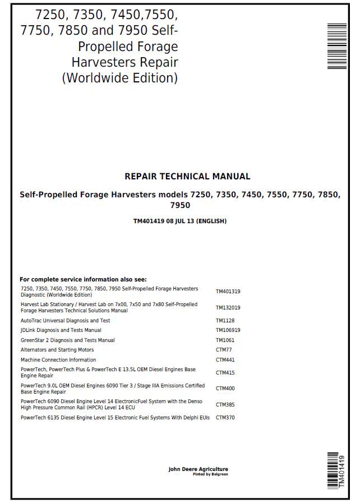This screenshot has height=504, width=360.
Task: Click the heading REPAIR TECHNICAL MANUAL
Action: click(187, 177)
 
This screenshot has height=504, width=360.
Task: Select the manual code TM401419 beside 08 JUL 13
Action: click(148, 221)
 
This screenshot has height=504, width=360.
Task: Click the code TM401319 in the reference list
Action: click(228, 292)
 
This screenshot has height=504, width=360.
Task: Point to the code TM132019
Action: click(228, 308)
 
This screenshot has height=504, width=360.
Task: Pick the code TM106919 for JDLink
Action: click(228, 330)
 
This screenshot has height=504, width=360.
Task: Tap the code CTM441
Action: click(225, 360)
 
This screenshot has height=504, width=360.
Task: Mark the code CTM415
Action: click(225, 373)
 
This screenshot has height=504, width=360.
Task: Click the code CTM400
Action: click(225, 389)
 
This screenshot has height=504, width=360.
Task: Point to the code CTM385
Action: click(225, 404)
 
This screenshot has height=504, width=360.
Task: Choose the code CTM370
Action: click(225, 418)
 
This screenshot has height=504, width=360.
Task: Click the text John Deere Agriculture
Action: click(198, 469)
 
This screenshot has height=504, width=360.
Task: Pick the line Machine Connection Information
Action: click(58, 360)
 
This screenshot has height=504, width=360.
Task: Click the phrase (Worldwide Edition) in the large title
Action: click(119, 78)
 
